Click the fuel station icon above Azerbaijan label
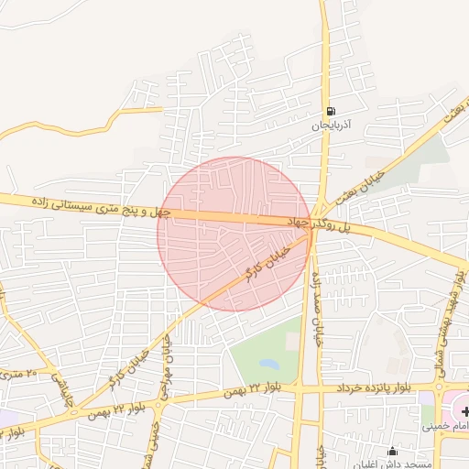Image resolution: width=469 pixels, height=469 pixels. point(330,110)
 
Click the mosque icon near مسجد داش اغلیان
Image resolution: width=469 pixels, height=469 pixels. point(393,451)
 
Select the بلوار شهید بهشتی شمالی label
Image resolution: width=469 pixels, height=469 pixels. point(455,311)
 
